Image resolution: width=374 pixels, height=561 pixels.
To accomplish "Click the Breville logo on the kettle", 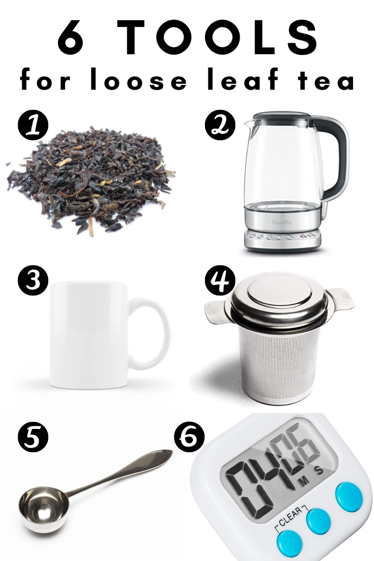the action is [282, 222].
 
